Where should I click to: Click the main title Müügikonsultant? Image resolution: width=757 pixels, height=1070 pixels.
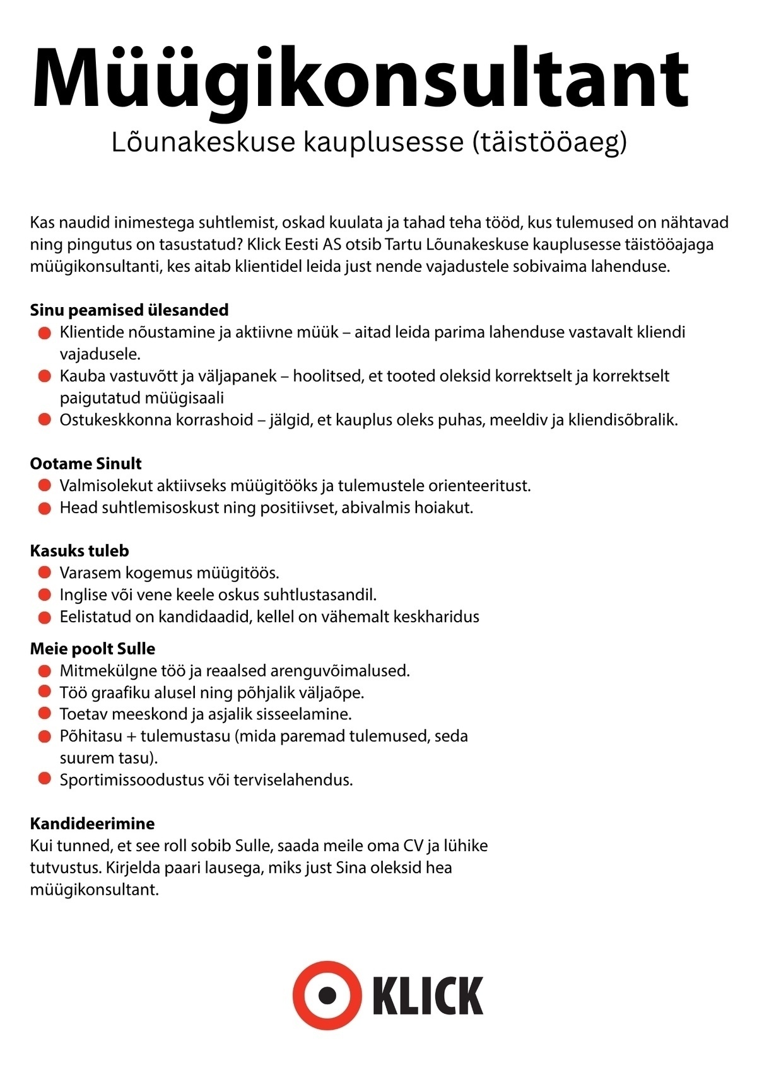pos(360,79)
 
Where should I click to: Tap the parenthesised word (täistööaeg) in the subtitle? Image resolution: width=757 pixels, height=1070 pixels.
pos(549,142)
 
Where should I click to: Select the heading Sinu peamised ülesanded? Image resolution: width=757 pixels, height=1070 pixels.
pos(129,310)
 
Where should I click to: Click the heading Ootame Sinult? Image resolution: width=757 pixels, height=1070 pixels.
pos(86,463)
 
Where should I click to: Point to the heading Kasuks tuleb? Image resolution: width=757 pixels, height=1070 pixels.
pos(79,550)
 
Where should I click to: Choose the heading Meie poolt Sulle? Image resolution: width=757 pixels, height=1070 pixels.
pos(92,649)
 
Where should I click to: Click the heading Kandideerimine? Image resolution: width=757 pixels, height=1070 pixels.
pos(92,823)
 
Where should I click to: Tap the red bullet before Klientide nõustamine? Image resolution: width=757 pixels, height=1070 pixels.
pos(44,332)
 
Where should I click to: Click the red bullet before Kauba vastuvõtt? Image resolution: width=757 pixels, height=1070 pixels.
pos(44,376)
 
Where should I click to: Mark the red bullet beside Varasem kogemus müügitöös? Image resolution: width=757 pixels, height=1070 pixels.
pos(44,573)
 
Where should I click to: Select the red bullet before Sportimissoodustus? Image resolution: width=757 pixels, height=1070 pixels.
pos(44,779)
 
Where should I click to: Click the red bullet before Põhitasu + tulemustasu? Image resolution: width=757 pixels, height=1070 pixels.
pos(44,736)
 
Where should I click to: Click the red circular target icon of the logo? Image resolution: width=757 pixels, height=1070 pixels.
pos(327,996)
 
